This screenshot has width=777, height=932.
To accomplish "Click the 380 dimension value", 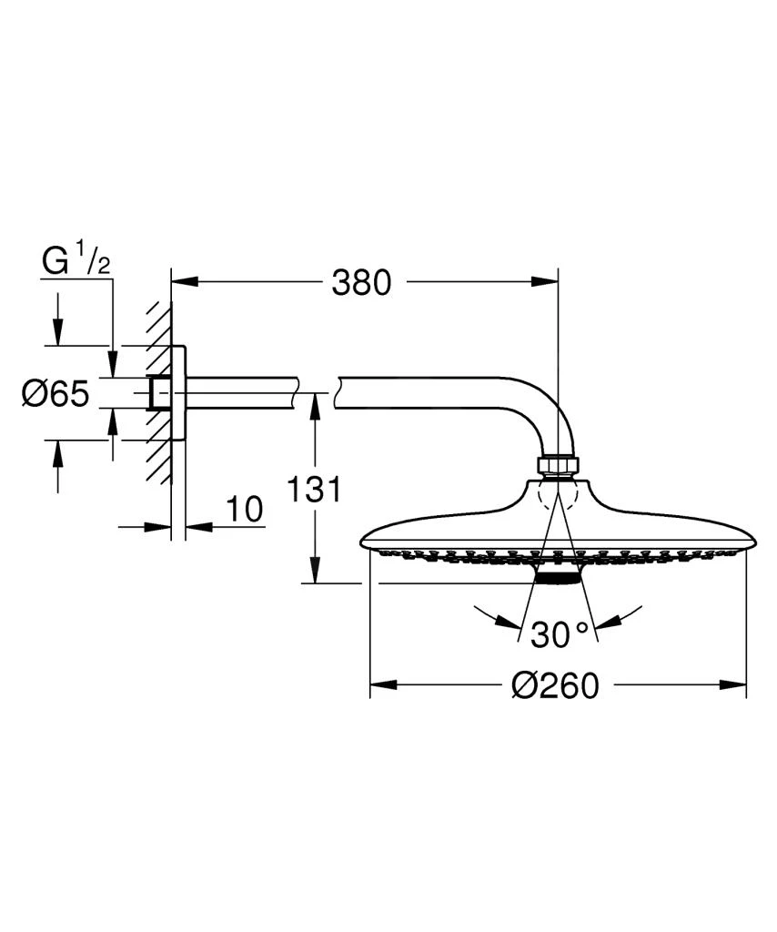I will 361,283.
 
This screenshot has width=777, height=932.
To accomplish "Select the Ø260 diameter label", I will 556,684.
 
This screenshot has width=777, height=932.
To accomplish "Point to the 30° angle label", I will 560,634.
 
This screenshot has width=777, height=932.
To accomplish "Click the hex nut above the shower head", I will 557,465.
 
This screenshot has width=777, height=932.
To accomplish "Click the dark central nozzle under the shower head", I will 557,577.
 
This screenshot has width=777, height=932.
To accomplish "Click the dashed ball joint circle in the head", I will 557,495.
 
